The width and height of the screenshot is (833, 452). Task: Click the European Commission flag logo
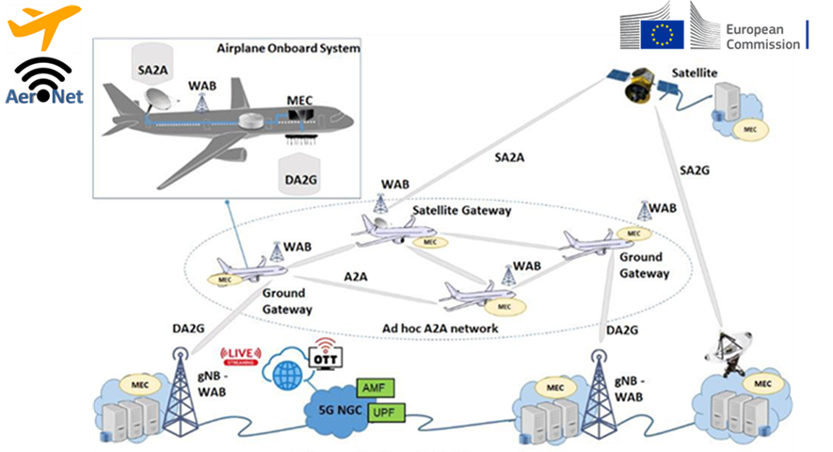coord(662,34)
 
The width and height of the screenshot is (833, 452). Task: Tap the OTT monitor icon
coord(323,354)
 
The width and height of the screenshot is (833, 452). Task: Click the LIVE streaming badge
coord(241,357)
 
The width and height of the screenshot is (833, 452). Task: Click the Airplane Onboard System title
coord(288,48)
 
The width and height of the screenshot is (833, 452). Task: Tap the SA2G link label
coord(694,169)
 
